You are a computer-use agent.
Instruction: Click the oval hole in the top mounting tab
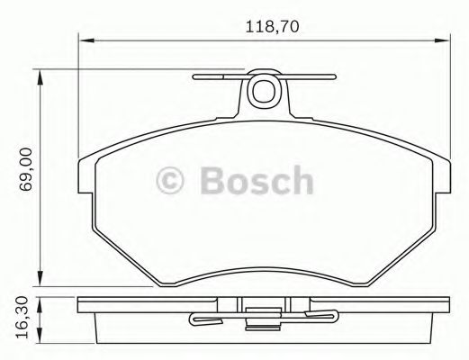tap(265, 91)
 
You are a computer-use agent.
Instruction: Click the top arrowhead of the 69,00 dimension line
tap(41, 73)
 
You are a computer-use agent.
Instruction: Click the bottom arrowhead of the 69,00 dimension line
tap(41, 280)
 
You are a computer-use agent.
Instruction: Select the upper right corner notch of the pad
tap(446, 162)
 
